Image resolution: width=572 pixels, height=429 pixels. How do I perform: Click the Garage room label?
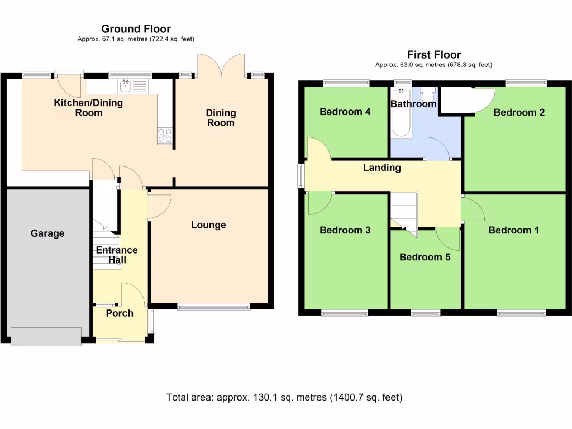tap(47, 233)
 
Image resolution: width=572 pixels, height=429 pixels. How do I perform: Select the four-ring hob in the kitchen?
tap(165, 135)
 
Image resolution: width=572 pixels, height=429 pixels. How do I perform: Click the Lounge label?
tap(208, 225)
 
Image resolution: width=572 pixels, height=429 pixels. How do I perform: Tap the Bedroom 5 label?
tap(425, 257)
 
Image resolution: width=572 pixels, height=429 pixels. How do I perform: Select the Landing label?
tap(382, 168)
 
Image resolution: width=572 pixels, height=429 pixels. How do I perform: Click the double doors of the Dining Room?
tap(221, 65)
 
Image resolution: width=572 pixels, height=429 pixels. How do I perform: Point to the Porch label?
tap(120, 313)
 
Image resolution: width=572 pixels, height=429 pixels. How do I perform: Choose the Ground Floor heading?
tap(136, 29)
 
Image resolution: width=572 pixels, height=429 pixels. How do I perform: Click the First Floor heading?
tap(434, 55)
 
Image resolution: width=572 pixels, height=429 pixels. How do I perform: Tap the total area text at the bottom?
tap(284, 398)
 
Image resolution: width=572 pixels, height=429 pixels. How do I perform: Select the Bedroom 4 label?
tap(345, 112)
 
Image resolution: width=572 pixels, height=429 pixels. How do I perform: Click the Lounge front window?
tap(214, 306)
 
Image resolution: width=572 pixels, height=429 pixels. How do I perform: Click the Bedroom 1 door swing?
tap(473, 209)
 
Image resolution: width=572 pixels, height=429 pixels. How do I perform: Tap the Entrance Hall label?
tap(116, 255)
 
